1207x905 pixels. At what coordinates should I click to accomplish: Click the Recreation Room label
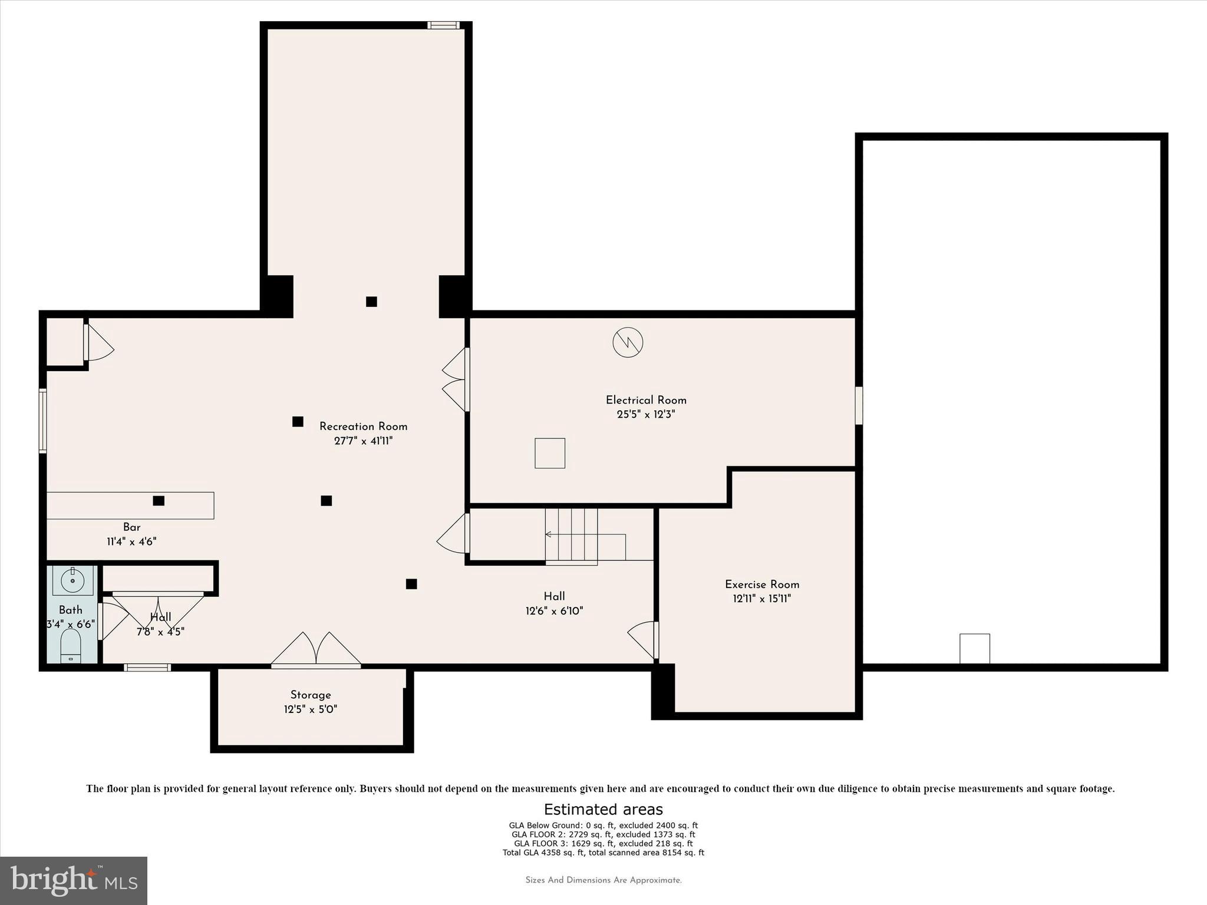point(363,427)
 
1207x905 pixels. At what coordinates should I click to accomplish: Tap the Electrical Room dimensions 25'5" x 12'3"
point(645,414)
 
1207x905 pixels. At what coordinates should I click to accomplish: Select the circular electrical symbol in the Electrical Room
point(628,342)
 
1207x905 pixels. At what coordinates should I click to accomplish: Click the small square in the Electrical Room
point(550,453)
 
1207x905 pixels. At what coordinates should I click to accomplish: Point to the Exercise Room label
point(762,584)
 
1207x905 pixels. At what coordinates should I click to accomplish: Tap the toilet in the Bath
point(71,646)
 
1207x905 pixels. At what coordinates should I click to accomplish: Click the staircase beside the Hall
point(570,535)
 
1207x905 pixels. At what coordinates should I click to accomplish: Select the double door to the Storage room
point(316,650)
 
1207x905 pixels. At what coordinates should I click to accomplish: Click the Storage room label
point(311,695)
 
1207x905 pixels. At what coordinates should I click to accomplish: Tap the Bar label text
point(131,527)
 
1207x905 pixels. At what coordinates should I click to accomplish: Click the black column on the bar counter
point(159,501)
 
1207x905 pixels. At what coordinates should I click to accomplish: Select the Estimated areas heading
point(603,809)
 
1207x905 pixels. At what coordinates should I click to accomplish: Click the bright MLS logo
point(74,880)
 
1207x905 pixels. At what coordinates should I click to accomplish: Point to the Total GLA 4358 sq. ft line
point(603,853)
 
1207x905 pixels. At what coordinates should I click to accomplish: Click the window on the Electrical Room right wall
point(859,405)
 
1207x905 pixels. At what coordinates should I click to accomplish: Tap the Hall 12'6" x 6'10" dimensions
point(554,611)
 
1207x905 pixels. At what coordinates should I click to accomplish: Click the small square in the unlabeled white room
point(975,649)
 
